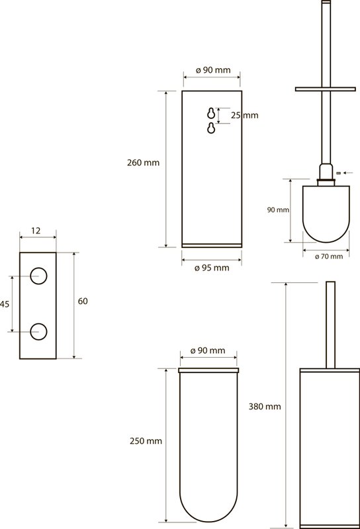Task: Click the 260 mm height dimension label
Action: [143, 163]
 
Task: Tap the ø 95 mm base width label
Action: [212, 268]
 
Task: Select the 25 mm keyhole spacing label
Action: [244, 115]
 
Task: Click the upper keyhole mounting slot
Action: [211, 114]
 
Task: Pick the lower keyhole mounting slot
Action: [211, 128]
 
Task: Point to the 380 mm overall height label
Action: [265, 407]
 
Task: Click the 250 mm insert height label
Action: [146, 441]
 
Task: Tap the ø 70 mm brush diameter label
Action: [329, 257]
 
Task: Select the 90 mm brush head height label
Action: [278, 210]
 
